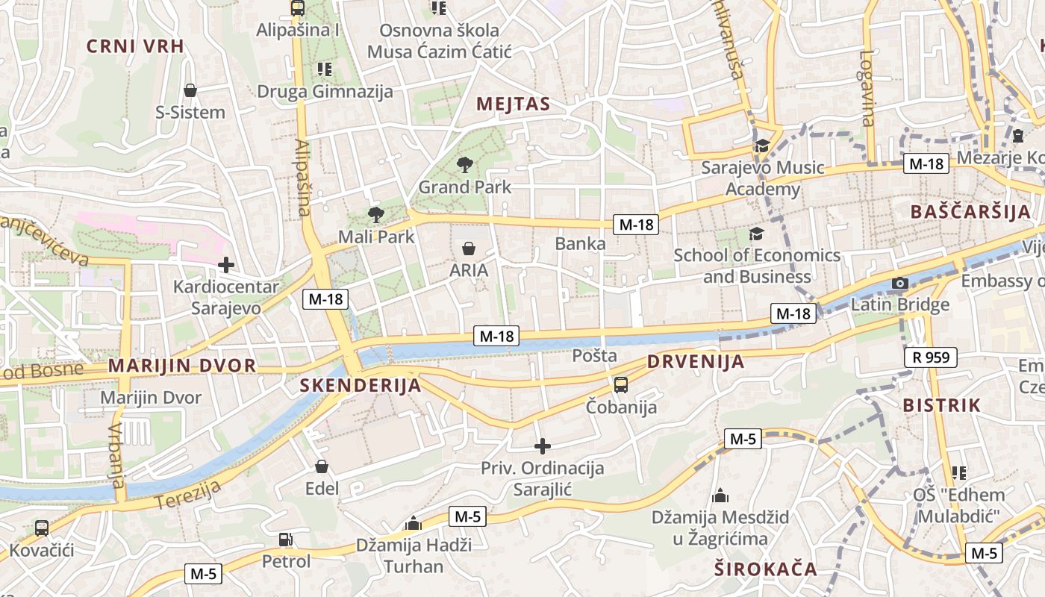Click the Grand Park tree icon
[465, 164]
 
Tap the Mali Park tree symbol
[375, 215]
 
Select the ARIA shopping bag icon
[469, 249]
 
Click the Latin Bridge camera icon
[900, 283]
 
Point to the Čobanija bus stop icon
[621, 385]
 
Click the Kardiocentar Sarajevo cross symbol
[225, 264]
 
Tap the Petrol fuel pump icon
[285, 539]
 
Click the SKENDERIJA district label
[361, 385]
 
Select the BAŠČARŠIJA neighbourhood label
[970, 211]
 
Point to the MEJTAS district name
[513, 104]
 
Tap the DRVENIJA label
[696, 362]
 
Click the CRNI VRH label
[135, 46]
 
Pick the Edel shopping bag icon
[322, 466]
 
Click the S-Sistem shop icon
[190, 90]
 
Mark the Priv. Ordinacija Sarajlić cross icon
[543, 446]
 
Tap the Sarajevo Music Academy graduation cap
[762, 146]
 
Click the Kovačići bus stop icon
[42, 528]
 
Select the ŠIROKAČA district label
[766, 569]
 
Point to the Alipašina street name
[302, 178]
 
